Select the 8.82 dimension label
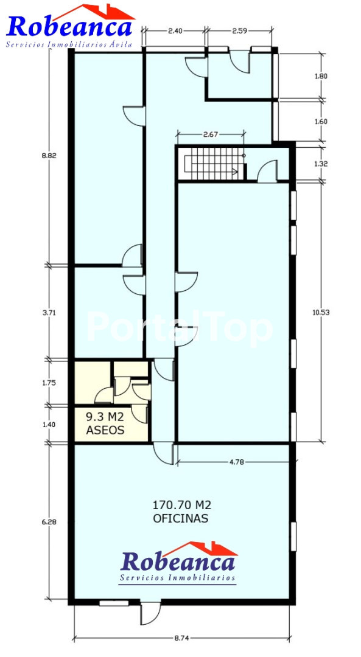coord(49,156)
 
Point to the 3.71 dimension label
coord(49,313)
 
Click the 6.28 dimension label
coord(49,522)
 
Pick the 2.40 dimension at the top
coord(175,30)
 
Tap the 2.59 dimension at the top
coord(239,30)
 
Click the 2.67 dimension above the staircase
coord(211,134)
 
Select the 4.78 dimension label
coord(237,462)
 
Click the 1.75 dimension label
coord(49,383)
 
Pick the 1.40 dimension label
coord(49,424)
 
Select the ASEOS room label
coord(105,430)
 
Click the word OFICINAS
coord(181,518)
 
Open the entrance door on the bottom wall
coord(150,613)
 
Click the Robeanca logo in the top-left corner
coord(70,26)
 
